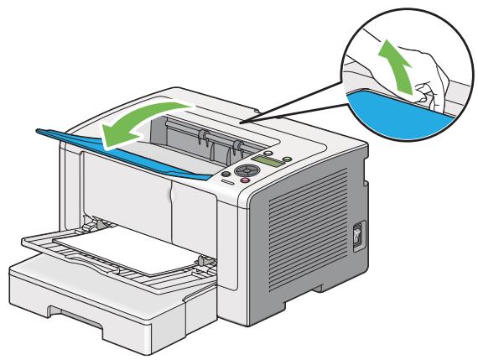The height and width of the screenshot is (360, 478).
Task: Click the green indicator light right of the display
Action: click(288, 159)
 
